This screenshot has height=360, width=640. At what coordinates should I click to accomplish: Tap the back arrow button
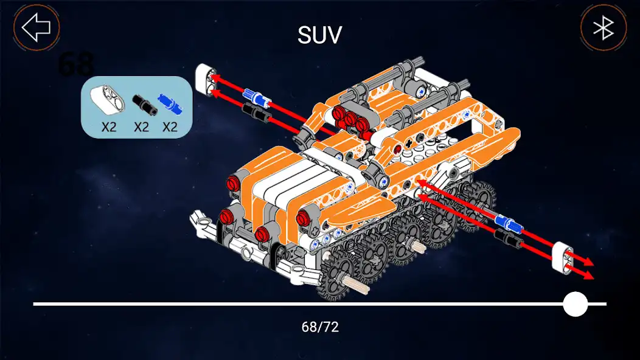pyautogui.click(x=37, y=27)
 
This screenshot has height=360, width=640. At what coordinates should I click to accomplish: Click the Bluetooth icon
pyautogui.click(x=603, y=28)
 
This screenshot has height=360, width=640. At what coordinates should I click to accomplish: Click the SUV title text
pyautogui.click(x=319, y=35)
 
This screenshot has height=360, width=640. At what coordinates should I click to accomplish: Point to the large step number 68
pyautogui.click(x=76, y=63)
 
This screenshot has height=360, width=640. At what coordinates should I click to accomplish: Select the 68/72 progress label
pyautogui.click(x=320, y=327)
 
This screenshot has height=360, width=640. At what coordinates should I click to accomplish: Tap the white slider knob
pyautogui.click(x=575, y=303)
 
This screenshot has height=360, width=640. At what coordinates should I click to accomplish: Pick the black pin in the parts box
pyautogui.click(x=144, y=104)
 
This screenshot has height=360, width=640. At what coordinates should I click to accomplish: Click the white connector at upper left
pyautogui.click(x=206, y=80)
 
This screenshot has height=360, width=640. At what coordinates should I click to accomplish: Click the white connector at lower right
pyautogui.click(x=563, y=256)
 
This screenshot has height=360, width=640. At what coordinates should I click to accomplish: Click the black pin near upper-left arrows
pyautogui.click(x=254, y=110)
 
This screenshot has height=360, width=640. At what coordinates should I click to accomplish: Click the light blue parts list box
pyautogui.click(x=137, y=106)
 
